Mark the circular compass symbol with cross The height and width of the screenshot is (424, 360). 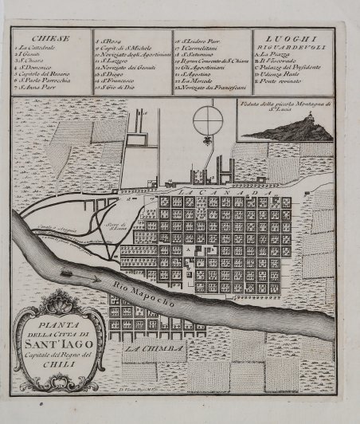tap(205, 115)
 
